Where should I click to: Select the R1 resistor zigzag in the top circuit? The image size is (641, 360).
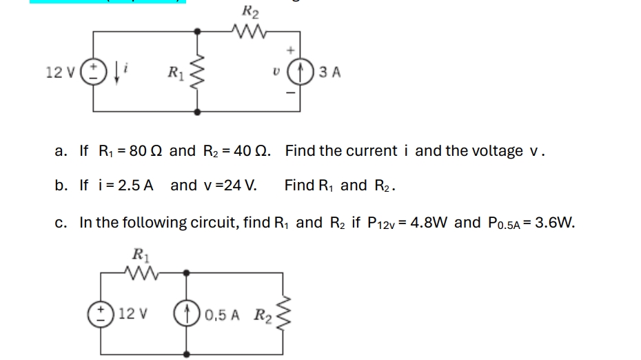[x=199, y=71]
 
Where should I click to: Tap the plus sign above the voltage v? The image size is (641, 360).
[x=291, y=50]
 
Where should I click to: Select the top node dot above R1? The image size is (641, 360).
[x=199, y=30]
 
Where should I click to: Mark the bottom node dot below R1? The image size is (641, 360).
[x=199, y=111]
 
